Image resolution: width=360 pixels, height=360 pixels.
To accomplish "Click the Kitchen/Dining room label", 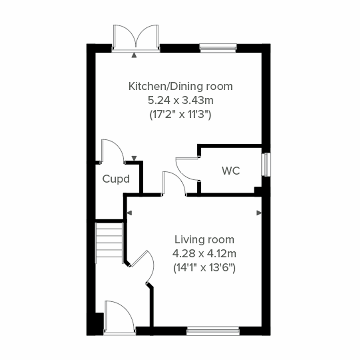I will click(x=180, y=86).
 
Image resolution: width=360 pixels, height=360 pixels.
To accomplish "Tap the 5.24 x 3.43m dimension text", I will click(x=180, y=100).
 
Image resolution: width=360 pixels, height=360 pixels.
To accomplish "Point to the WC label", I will click(x=231, y=171).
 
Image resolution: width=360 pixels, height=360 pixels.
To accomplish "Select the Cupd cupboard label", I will click(x=116, y=179).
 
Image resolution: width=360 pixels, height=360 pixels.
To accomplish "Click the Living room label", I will click(x=204, y=240).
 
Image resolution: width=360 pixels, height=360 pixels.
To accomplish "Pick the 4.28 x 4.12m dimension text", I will click(x=204, y=254).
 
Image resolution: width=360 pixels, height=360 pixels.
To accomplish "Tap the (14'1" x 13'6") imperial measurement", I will click(x=204, y=268).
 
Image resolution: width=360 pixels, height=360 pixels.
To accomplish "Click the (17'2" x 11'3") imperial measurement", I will click(x=180, y=114).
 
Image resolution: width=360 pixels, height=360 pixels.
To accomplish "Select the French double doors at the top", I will click(x=136, y=37).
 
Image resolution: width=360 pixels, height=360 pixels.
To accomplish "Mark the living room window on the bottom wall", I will click(x=213, y=331).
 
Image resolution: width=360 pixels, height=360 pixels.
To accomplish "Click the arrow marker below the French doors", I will click(x=134, y=55).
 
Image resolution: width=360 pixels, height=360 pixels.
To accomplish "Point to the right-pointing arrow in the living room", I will click(x=259, y=213).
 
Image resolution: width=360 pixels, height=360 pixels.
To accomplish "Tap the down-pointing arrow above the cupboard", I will click(x=134, y=158).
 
